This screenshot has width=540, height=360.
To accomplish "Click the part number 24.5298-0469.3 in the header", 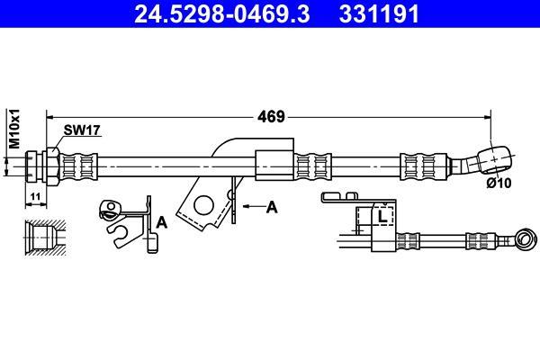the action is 222,13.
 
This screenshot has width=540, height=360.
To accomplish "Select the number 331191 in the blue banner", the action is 379,13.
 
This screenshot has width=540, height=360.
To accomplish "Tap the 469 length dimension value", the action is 272,117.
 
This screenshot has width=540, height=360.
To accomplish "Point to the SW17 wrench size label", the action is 82,130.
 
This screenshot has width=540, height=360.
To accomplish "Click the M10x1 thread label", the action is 14,129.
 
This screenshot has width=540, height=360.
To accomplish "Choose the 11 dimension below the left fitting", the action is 35,197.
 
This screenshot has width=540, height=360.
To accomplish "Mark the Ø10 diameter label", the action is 499,183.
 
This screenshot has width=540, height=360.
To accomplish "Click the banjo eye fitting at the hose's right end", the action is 494,159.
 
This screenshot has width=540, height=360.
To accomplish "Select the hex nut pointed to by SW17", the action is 53,166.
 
